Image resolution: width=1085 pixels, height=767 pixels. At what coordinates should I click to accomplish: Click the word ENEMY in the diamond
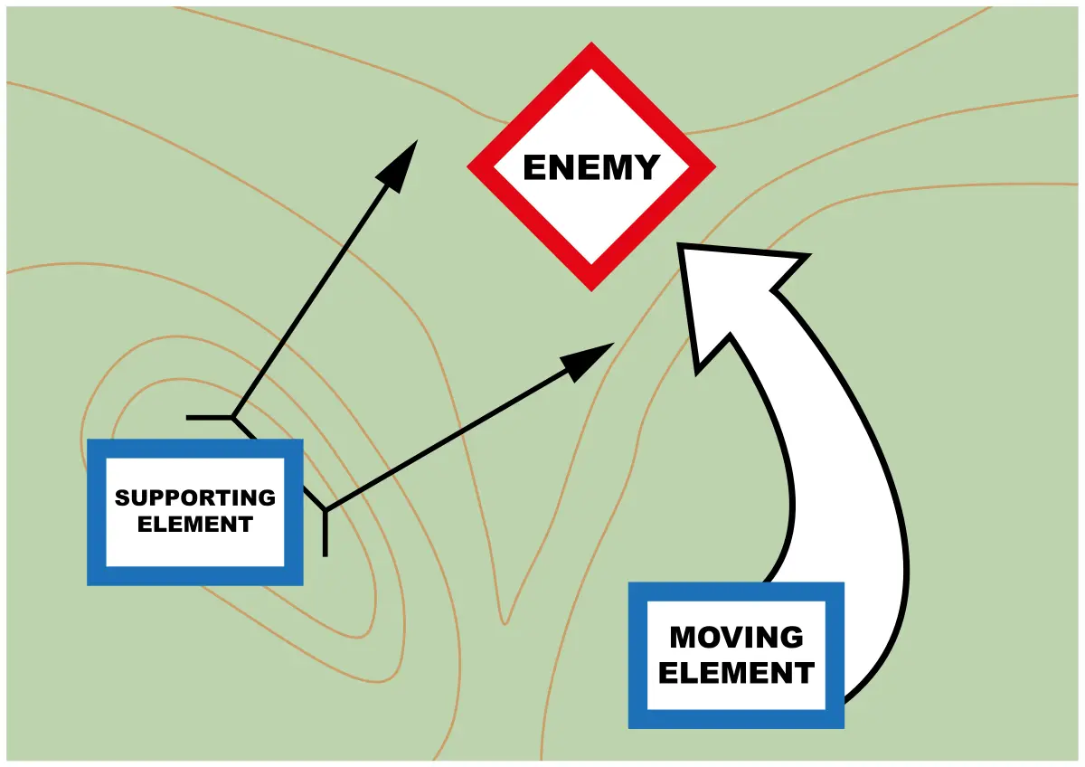(x=591, y=168)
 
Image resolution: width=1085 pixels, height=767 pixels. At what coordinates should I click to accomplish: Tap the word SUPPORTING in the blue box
(x=195, y=497)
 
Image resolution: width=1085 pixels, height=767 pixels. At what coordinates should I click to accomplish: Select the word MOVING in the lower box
(x=736, y=637)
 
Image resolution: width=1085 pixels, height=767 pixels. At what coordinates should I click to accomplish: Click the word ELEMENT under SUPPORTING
(x=195, y=524)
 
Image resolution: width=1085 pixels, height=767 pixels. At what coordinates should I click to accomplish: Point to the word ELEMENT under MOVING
(x=736, y=673)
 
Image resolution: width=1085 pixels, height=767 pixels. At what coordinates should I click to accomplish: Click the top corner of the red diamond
(x=591, y=45)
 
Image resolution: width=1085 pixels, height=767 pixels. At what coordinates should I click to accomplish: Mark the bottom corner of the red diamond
(x=591, y=289)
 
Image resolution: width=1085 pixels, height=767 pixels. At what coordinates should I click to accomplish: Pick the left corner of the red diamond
(x=469, y=166)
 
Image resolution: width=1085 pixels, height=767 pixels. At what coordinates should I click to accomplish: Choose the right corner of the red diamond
(x=713, y=166)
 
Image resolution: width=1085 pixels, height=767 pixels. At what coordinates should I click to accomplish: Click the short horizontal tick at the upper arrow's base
(x=208, y=417)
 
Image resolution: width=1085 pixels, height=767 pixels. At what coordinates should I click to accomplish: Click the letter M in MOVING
(x=682, y=637)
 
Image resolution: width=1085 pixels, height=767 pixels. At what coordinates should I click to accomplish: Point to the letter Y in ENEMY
(x=648, y=168)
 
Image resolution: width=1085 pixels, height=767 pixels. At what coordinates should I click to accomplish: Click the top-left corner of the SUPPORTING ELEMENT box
(x=90, y=441)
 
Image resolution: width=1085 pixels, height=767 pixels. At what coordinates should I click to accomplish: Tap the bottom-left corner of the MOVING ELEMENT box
(x=631, y=725)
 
